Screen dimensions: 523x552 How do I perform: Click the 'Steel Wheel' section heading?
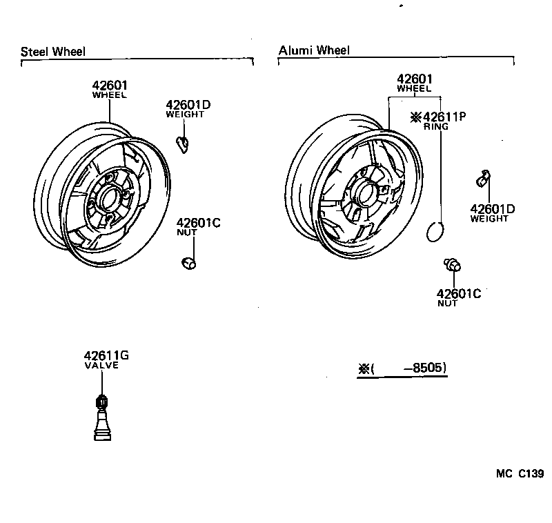[x=53, y=52]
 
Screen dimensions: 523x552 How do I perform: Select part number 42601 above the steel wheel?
[x=110, y=86]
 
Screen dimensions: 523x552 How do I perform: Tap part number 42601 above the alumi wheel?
[x=414, y=79]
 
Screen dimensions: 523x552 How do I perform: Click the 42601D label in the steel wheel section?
[x=188, y=105]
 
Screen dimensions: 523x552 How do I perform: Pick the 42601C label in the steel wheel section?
[x=197, y=223]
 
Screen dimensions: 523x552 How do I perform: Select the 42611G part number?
[x=107, y=355]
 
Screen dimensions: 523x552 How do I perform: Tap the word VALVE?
[x=101, y=365]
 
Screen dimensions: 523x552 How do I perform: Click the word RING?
[x=436, y=127]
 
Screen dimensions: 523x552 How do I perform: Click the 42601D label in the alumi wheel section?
[x=493, y=209]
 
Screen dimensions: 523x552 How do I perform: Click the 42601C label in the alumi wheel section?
[x=458, y=293]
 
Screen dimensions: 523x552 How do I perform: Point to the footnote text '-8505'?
[x=428, y=368]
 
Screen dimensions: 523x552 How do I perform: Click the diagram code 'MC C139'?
[x=520, y=474]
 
